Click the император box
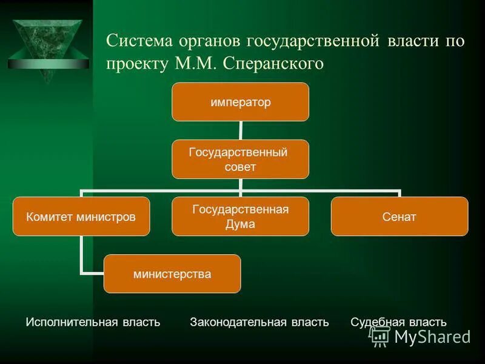240,102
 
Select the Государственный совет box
240,160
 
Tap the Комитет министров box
82,217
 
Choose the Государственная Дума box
240,217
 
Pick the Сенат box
400,217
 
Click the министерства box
172,274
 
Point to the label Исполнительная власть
93,322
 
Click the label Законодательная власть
259,322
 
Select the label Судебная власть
398,322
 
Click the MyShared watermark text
432,337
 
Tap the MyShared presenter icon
380,335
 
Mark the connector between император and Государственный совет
241,130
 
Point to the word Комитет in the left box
48,217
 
